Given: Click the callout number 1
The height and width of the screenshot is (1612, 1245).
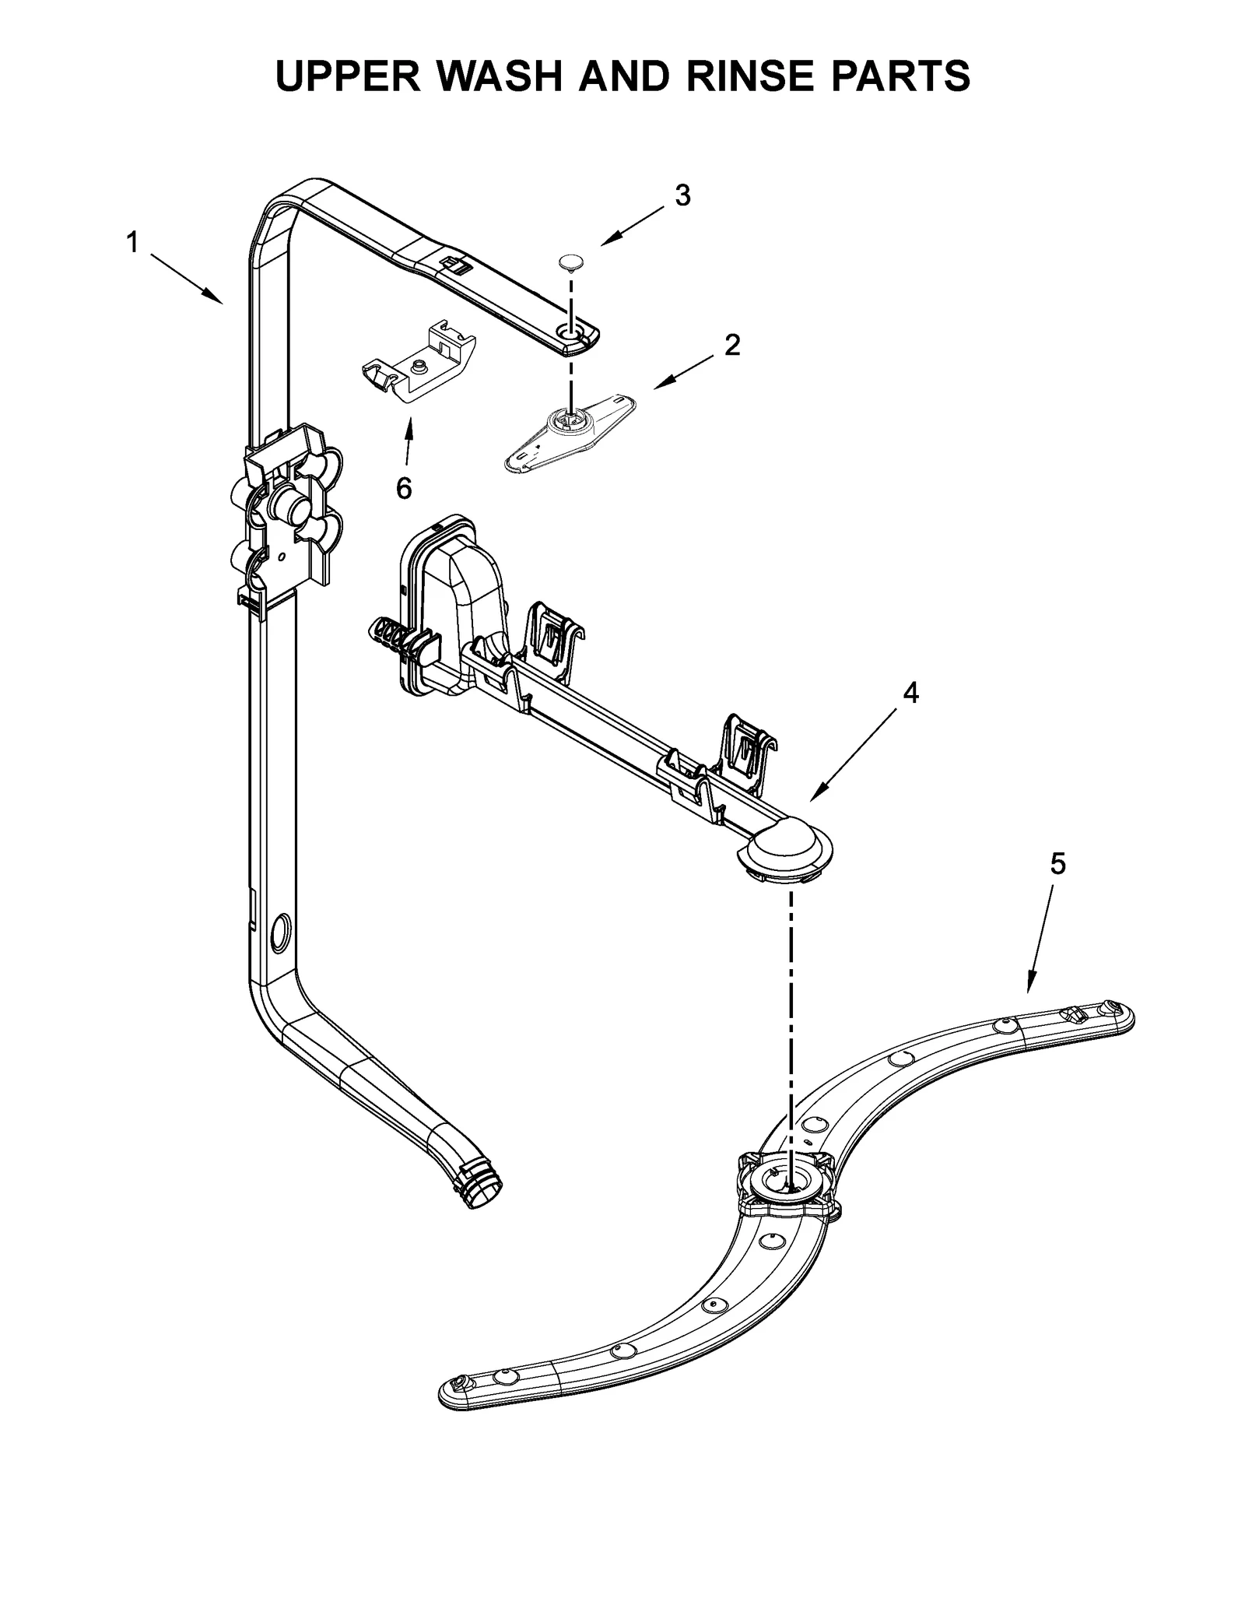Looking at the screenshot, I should [132, 243].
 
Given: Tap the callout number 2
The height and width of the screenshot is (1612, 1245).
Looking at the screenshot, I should [731, 345].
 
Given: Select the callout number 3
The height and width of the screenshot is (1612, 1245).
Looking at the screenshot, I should [682, 196].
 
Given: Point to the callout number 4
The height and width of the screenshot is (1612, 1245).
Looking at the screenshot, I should [910, 692].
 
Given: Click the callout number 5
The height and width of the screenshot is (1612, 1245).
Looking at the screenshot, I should [1057, 863].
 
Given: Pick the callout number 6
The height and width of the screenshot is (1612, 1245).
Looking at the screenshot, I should [403, 488].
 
